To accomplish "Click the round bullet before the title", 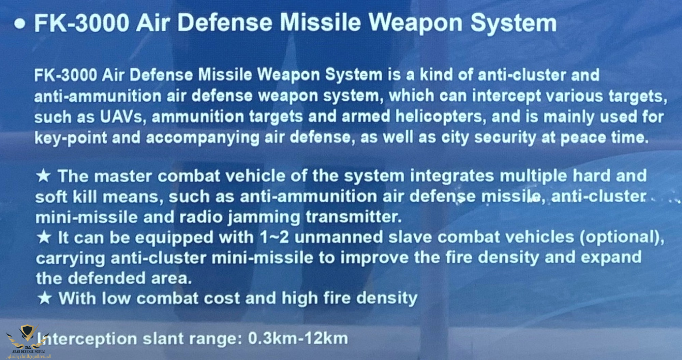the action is (x=20, y=24).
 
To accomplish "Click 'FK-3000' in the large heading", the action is (x=81, y=23).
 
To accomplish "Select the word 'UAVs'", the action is (x=121, y=117).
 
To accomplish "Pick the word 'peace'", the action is (x=583, y=138).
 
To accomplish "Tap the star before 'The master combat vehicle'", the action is (x=44, y=176).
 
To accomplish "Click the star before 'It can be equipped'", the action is (x=44, y=237).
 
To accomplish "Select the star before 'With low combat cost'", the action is (x=44, y=298).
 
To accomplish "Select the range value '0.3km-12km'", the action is (x=298, y=339).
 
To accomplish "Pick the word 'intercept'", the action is (x=506, y=96).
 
